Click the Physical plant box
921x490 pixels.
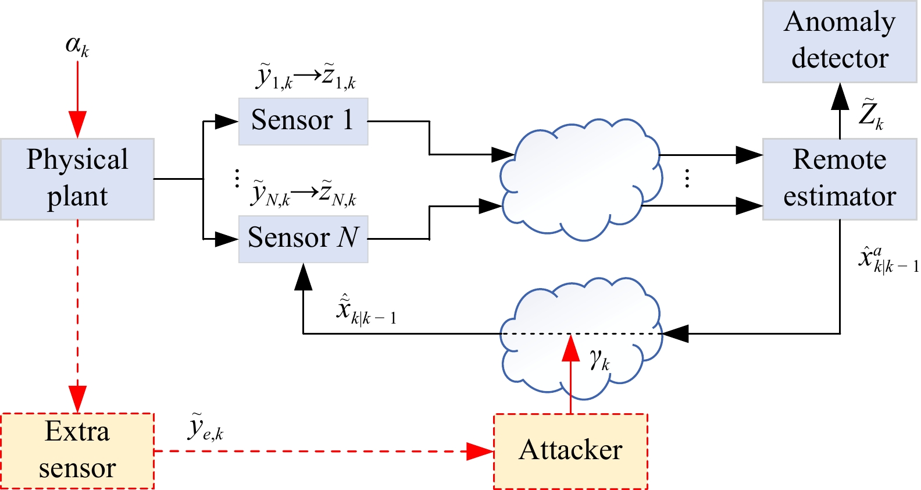tap(77, 179)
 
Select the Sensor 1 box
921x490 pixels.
tap(303, 121)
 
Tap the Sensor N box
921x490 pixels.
tap(303, 239)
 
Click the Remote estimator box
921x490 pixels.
tap(839, 179)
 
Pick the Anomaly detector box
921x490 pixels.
tap(839, 41)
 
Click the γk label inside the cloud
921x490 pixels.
tap(599, 360)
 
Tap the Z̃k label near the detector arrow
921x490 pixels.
tap(870, 115)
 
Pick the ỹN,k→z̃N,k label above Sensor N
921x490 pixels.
tap(304, 194)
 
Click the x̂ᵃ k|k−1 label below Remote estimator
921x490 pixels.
tap(887, 260)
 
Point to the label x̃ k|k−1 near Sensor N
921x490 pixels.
tap(365, 310)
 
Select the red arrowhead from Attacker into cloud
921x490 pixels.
tap(571, 348)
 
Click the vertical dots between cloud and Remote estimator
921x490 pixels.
tap(687, 178)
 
